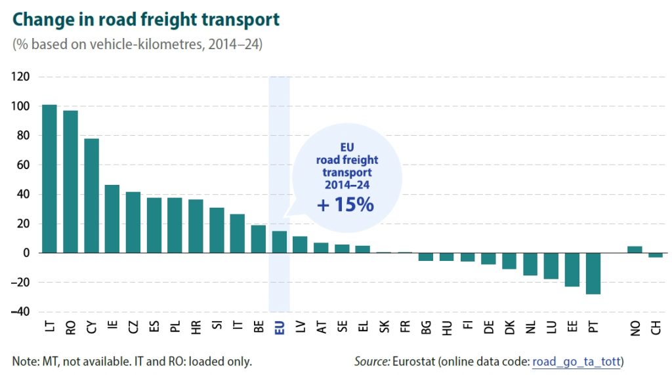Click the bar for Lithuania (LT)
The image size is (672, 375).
click(49, 178)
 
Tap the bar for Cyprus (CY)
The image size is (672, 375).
click(91, 195)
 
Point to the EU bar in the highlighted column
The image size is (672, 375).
click(280, 241)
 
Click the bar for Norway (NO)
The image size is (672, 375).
click(635, 249)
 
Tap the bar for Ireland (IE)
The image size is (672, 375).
click(112, 218)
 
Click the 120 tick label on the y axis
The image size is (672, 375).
click(21, 77)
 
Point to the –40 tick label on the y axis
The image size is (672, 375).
click(21, 311)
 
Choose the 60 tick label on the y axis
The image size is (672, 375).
click(23, 165)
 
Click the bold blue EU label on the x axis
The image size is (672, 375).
click(280, 330)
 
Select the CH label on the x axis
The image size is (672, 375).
click(656, 330)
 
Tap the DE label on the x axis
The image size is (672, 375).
click(489, 330)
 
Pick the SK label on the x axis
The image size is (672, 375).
click(385, 330)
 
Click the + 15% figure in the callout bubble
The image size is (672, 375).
click(345, 205)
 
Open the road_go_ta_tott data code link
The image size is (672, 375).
click(577, 361)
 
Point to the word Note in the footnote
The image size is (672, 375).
click(24, 361)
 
